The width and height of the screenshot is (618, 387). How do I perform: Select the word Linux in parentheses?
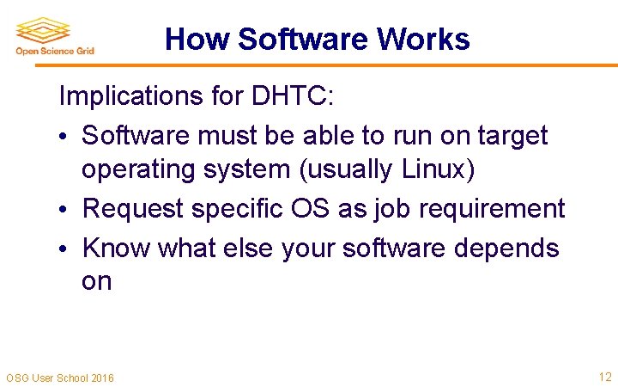click(x=434, y=170)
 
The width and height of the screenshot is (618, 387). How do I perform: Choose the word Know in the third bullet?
click(x=114, y=248)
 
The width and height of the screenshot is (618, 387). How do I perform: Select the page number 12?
click(x=604, y=376)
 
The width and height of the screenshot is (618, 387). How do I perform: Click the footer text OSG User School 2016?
click(x=59, y=378)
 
